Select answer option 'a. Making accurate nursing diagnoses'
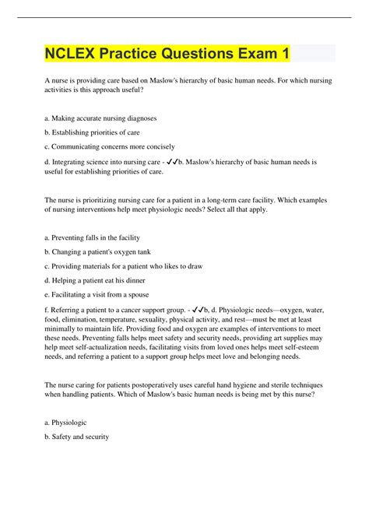coord(101,118)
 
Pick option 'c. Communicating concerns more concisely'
coord(110,146)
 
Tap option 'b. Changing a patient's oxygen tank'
coord(99,251)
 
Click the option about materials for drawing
coord(124,265)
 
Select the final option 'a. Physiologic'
coord(67,423)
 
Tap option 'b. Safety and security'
coord(77,437)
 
